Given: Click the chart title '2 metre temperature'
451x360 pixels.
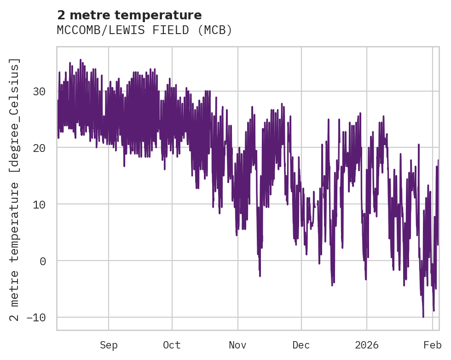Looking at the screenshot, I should [x=129, y=15].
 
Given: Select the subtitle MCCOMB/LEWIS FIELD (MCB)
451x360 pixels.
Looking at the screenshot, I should [x=145, y=30].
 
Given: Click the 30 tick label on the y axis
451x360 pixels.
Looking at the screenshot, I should [x=39, y=91].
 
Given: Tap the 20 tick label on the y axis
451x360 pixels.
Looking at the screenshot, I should [x=39, y=148].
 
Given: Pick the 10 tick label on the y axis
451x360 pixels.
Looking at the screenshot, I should [x=39, y=204].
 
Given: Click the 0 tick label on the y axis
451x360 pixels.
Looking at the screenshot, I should [x=42, y=261].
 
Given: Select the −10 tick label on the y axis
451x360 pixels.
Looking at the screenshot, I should [x=36, y=318].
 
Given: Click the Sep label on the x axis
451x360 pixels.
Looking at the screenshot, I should [x=109, y=345].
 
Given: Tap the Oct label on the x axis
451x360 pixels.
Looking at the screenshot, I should [x=172, y=345].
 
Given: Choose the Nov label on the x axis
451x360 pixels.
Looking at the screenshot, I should [x=238, y=345].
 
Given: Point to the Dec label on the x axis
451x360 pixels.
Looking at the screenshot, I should [x=301, y=345].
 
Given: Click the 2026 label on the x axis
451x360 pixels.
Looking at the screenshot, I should [x=367, y=345].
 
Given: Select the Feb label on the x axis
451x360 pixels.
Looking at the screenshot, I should [x=433, y=345].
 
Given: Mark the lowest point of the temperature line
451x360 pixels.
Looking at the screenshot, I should [x=423, y=317].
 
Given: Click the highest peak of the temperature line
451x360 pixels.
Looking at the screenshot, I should [x=80, y=59].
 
